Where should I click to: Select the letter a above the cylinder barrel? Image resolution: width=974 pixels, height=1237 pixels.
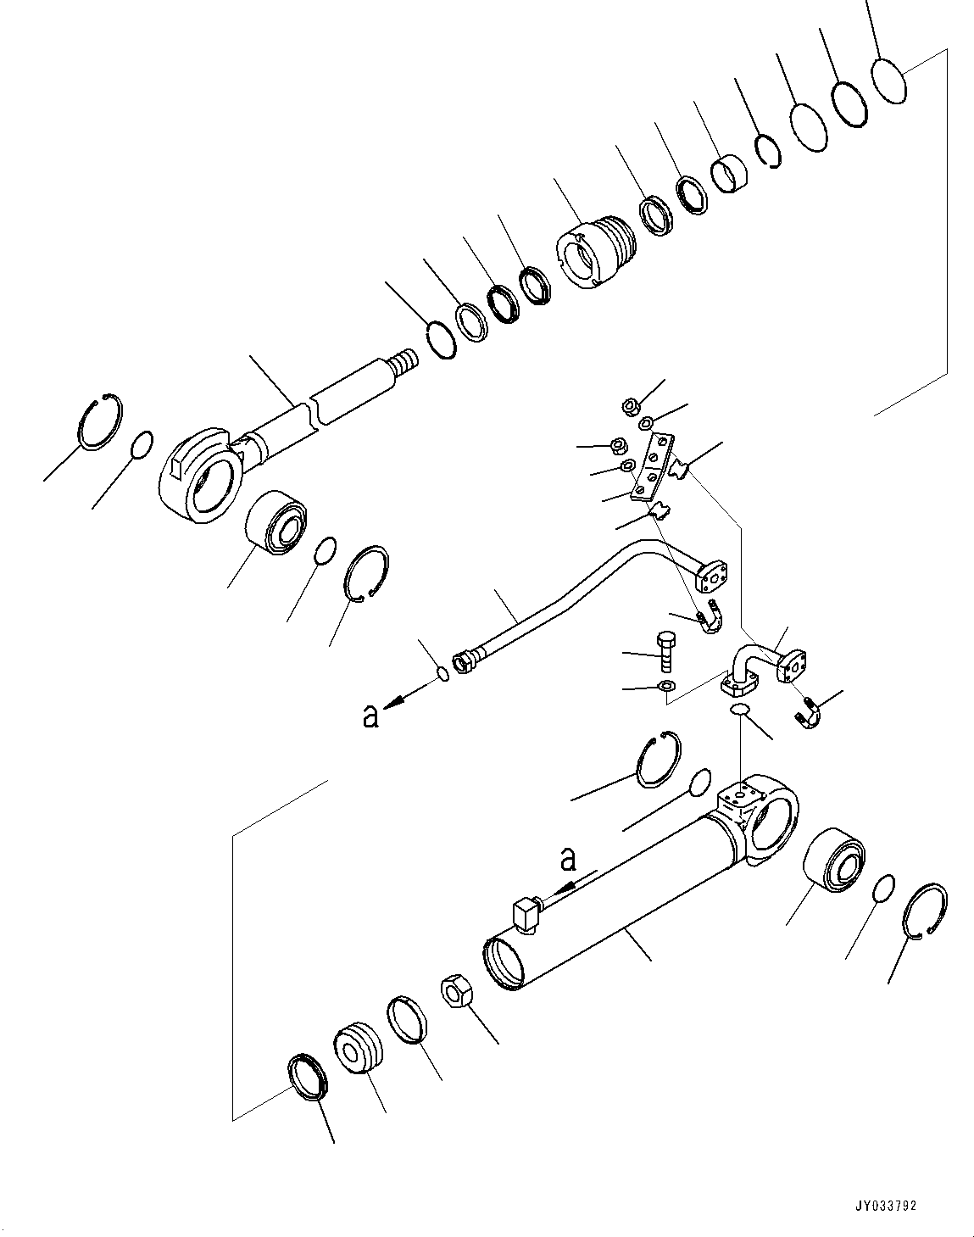click(568, 860)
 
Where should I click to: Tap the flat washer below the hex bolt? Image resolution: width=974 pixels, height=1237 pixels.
click(667, 685)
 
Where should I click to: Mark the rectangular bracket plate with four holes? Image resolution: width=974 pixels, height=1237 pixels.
click(653, 467)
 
